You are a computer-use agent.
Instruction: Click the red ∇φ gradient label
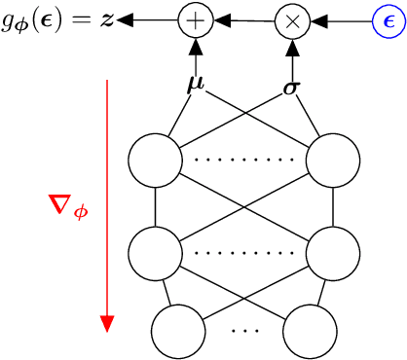click(x=68, y=205)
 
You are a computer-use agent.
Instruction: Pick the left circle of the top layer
click(x=156, y=157)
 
